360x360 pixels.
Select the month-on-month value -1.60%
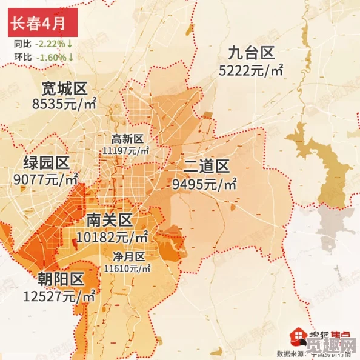(x=51, y=57)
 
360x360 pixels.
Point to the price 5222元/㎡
(x=252, y=71)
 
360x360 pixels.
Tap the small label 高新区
(x=128, y=139)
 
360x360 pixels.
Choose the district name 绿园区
(x=46, y=162)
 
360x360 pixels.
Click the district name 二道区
(x=206, y=166)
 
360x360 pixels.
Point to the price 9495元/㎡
(x=204, y=183)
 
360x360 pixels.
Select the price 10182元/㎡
(x=113, y=235)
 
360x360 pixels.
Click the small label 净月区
(x=128, y=256)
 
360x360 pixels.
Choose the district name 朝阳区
(x=59, y=279)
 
